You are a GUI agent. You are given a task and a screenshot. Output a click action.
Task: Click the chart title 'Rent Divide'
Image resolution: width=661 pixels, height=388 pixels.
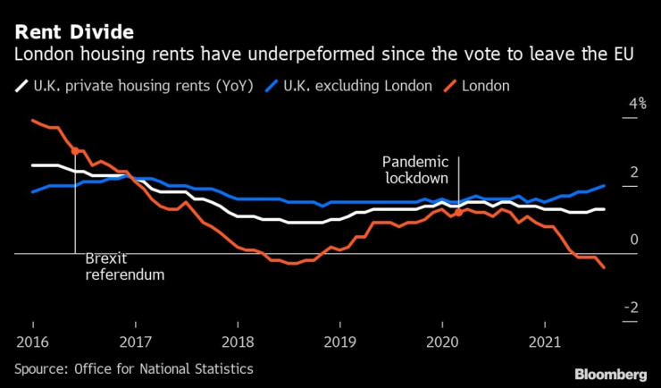[73, 32]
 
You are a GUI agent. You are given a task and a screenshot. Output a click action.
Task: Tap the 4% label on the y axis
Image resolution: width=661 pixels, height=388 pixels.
[637, 104]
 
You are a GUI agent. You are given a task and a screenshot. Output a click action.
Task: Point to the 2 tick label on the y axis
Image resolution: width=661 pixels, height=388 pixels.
[634, 172]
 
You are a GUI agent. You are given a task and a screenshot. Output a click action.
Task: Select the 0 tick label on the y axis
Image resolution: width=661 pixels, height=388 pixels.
[634, 240]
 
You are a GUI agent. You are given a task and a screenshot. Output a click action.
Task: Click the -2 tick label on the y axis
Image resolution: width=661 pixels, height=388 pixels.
[632, 308]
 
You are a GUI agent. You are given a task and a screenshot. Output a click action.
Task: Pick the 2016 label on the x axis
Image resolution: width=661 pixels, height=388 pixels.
[32, 342]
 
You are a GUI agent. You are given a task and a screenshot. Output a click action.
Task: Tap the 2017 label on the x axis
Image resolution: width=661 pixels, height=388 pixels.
[135, 342]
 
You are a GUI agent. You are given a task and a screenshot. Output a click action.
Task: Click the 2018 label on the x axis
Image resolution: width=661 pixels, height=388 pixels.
[238, 342]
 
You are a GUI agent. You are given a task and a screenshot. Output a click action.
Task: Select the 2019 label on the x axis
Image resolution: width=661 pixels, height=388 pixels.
[340, 342]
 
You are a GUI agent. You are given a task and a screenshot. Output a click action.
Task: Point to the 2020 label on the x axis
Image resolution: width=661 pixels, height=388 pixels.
[443, 342]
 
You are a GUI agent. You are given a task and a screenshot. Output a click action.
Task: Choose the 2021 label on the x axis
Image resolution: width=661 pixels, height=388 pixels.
[546, 342]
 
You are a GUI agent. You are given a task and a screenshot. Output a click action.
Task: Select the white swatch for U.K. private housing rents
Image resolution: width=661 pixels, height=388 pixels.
[21, 87]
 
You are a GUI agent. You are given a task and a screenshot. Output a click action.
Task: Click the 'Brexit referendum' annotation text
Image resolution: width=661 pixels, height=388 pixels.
[124, 266]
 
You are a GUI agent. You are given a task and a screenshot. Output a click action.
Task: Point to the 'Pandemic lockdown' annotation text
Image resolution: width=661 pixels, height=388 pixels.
[414, 169]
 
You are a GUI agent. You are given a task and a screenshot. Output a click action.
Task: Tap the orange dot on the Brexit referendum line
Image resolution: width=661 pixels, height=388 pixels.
[75, 151]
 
